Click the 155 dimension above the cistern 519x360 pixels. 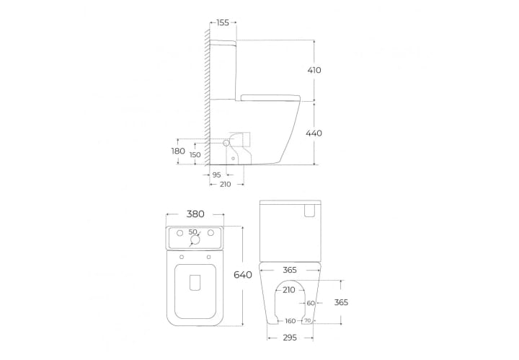[x=223, y=22]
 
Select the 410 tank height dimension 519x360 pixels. [x=314, y=70]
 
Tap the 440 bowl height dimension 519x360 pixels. [x=314, y=133]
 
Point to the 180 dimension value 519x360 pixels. [x=178, y=152]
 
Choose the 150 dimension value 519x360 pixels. [x=195, y=154]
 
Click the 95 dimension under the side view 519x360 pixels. [x=216, y=175]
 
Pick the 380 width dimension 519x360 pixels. [x=195, y=214]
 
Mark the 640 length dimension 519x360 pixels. [x=243, y=275]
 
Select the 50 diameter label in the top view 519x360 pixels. [x=192, y=232]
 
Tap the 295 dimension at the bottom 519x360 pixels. [x=290, y=338]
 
